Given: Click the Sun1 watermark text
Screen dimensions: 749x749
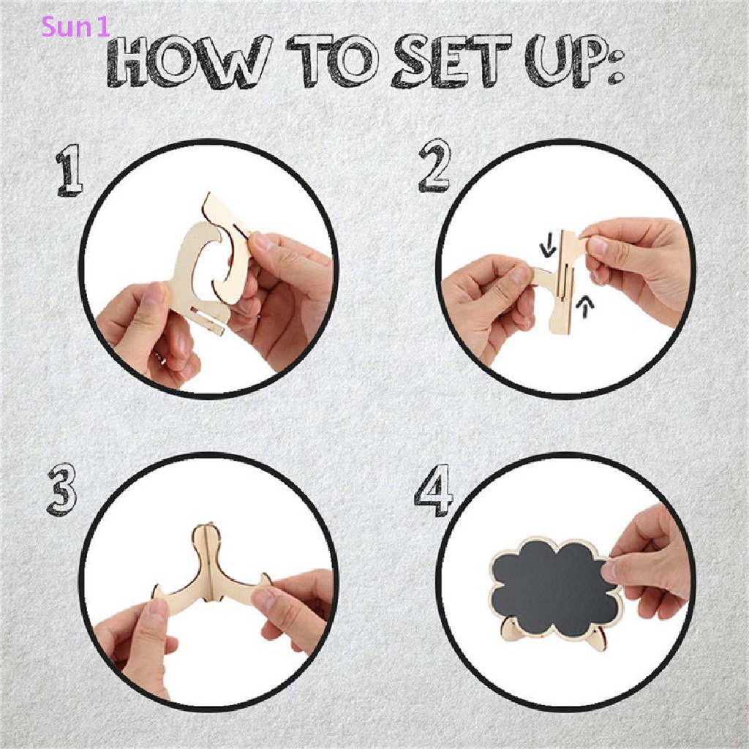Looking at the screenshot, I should (75, 27).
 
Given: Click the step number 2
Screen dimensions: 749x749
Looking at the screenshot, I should (434, 168).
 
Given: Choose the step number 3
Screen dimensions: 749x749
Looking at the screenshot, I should (62, 491).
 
